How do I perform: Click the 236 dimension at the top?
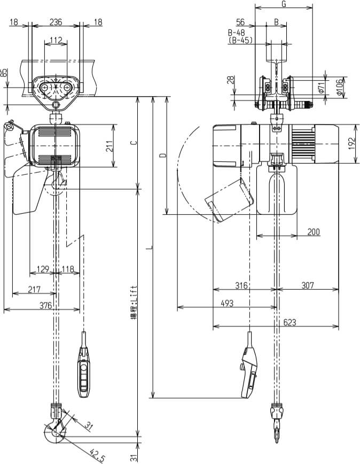click(56, 22)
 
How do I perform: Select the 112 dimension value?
click(56, 40)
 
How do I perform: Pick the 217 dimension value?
click(34, 289)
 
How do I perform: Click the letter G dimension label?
click(284, 4)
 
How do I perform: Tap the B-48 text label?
click(237, 32)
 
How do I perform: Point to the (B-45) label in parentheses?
click(240, 40)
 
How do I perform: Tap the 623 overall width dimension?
click(290, 322)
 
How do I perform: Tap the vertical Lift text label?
click(134, 302)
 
